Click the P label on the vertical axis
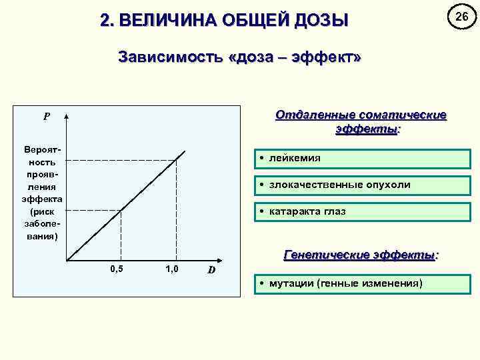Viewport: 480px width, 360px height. click(x=47, y=117)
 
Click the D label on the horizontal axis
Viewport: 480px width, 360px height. click(x=211, y=270)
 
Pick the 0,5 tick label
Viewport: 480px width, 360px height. click(x=116, y=269)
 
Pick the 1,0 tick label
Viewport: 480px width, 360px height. click(x=171, y=269)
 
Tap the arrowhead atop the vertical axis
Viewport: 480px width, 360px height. click(x=67, y=115)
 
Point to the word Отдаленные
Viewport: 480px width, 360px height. click(x=314, y=115)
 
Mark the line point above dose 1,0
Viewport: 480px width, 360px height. click(x=176, y=159)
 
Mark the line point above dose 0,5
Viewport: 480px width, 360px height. click(x=121, y=211)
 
